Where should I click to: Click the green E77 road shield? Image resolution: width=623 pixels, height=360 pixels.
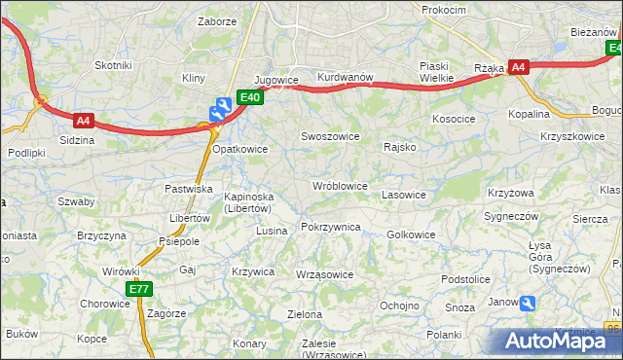pos(138,289)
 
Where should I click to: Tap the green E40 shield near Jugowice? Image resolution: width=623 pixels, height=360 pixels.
pos(249,97)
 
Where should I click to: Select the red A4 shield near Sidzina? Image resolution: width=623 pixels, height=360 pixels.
pos(83,121)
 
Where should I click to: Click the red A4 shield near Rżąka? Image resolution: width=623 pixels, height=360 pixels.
pos(519,67)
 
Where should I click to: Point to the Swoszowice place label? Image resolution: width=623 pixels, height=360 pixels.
pos(329,137)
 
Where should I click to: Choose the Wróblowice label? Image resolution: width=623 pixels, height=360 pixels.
pos(339,185)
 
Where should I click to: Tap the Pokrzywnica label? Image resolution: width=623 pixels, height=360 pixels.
pos(331,227)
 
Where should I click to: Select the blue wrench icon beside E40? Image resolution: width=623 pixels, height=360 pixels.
pos(223,107)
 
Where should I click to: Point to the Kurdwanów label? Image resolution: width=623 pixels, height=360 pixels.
pos(345,77)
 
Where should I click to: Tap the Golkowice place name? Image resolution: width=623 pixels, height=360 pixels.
pos(411,234)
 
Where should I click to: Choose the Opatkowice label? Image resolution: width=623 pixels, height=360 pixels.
pos(239,149)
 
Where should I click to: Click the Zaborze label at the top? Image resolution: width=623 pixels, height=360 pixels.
pos(217,20)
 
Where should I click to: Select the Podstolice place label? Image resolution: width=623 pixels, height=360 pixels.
pos(464,279)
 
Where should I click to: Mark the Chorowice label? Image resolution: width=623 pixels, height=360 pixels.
pos(104,304)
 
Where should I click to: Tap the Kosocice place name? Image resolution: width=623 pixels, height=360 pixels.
pos(454,118)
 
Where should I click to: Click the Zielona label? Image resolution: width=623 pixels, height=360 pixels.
pos(305,314)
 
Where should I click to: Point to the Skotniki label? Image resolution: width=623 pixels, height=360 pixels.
pos(112,64)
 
